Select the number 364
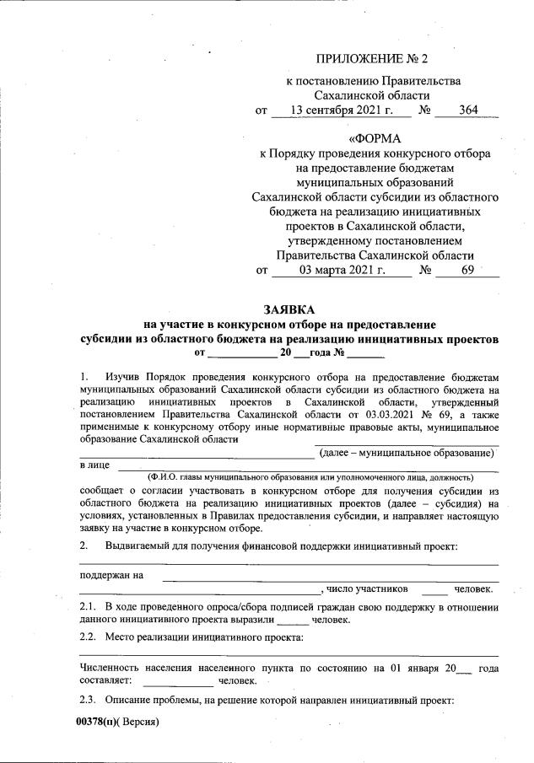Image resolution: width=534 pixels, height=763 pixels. click(470, 110)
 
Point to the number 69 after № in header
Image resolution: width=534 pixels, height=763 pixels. click(468, 271)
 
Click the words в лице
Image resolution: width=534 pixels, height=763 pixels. click(94, 465)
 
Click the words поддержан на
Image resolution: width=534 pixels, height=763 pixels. click(110, 576)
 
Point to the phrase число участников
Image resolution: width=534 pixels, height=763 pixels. click(367, 589)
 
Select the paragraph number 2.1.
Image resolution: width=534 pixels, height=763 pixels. click(88, 607)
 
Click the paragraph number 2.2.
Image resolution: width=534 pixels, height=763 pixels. click(88, 638)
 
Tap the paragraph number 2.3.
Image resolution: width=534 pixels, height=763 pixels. click(88, 701)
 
